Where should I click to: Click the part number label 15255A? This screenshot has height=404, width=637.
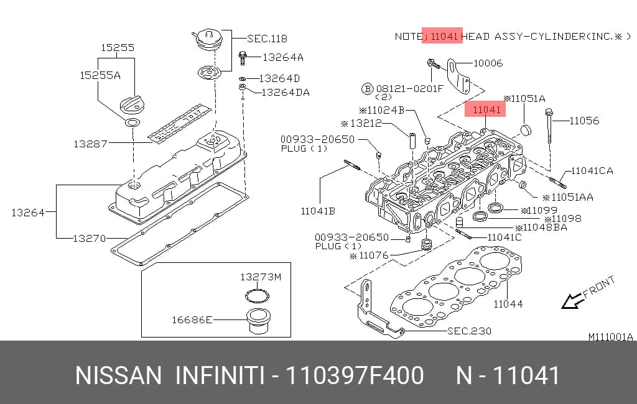coord(100,76)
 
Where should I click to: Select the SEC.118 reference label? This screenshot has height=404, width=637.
coord(267,39)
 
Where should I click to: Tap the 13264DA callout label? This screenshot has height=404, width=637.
coord(285,93)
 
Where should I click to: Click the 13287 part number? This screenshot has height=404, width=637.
coord(90,144)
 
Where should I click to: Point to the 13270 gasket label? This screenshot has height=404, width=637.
coord(90,238)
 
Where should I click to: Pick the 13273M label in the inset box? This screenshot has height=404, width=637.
coord(261,277)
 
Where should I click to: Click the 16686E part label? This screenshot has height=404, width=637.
coord(192,320)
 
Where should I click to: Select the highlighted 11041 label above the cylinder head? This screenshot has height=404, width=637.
coord(485,109)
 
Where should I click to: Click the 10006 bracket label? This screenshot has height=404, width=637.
coord(488,63)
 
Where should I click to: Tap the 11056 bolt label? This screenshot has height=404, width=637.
coord(584,121)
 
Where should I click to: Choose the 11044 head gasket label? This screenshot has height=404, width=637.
coord(508,304)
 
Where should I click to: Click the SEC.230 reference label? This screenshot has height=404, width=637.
coord(469,331)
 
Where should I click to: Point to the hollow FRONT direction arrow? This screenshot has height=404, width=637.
coord(572,301)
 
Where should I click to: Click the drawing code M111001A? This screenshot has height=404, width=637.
coord(611,337)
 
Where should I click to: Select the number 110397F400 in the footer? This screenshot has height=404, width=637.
coord(355,375)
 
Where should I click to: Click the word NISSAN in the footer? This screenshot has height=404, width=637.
coord(118,375)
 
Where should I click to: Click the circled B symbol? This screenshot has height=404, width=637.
coord(367,88)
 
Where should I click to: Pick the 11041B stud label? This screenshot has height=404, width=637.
coord(318,211)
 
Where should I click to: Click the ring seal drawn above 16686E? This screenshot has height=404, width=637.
coord(258,296)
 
